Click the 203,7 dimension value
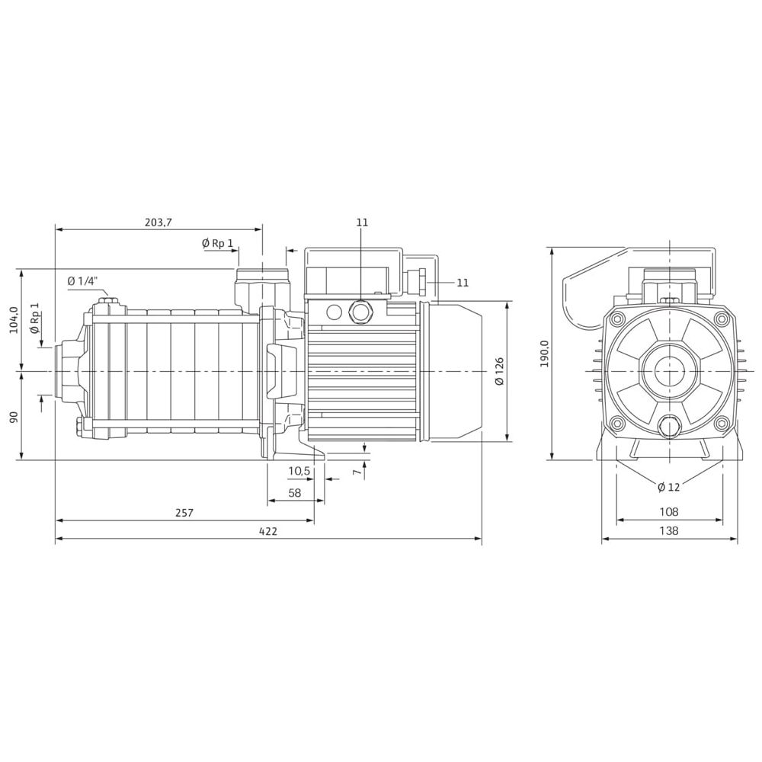click(x=158, y=222)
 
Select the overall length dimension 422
click(x=267, y=532)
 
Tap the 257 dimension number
click(x=184, y=513)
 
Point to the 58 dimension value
click(x=295, y=493)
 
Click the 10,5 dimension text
click(x=299, y=471)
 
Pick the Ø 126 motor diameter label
click(x=499, y=371)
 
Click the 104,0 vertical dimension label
click(x=12, y=320)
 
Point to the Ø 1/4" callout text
click(x=83, y=281)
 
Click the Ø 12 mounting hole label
click(x=668, y=487)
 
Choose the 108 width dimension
click(x=668, y=512)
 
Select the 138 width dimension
click(x=668, y=531)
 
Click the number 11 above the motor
click(x=362, y=223)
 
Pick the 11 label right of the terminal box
click(x=463, y=283)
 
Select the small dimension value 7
click(x=356, y=472)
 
